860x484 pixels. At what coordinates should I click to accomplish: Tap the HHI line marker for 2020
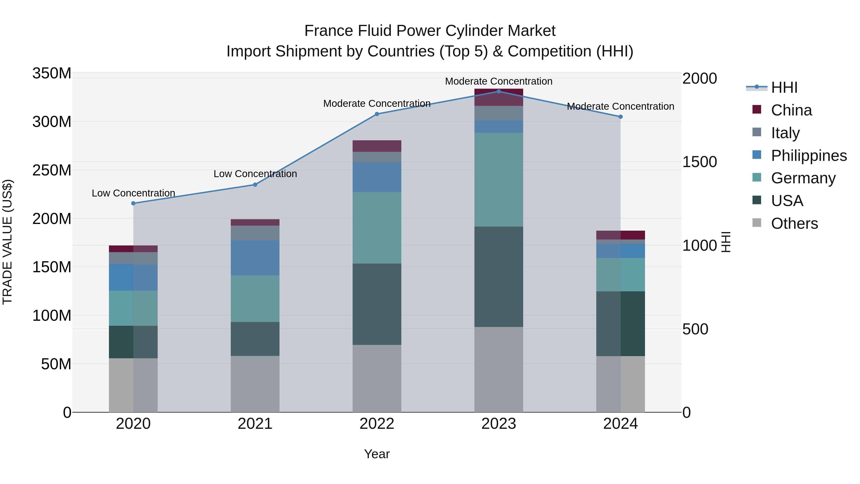pos(133,203)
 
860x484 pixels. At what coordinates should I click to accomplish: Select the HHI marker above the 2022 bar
pos(377,114)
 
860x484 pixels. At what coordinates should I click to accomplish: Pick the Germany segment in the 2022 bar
pos(377,228)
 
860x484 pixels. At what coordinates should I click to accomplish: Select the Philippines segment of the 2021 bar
pos(255,257)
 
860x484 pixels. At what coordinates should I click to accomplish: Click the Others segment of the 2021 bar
pos(255,384)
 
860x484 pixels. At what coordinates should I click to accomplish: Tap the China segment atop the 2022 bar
pos(377,146)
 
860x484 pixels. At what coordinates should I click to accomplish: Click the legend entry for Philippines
pos(809,156)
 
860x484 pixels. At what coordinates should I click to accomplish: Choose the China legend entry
pos(791,110)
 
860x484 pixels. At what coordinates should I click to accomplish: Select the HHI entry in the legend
pos(784,87)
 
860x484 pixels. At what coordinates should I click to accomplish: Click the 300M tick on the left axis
pos(52,122)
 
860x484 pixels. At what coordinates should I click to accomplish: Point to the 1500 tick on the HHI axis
pos(699,162)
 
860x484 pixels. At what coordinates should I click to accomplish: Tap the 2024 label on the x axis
pos(620,424)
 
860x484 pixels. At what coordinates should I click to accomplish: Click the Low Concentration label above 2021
pos(255,174)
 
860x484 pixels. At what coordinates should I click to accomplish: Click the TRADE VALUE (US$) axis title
pos(7,242)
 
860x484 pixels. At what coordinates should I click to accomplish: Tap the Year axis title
pos(377,454)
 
